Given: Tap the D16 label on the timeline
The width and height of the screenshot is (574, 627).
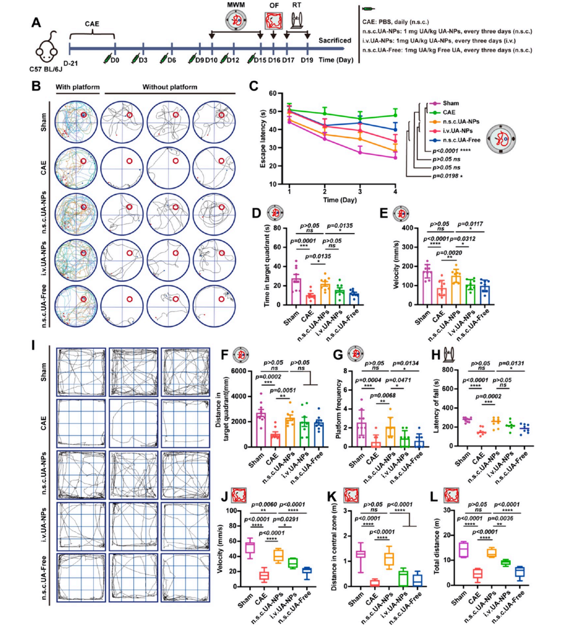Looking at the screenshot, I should click(273, 61).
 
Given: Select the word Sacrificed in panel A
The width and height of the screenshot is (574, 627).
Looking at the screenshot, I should click(335, 41).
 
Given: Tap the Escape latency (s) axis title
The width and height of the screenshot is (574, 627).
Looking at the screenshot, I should click(263, 139).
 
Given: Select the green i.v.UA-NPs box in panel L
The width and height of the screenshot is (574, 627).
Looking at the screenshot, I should click(506, 562).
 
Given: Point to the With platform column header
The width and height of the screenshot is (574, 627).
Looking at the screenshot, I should click(78, 87).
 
